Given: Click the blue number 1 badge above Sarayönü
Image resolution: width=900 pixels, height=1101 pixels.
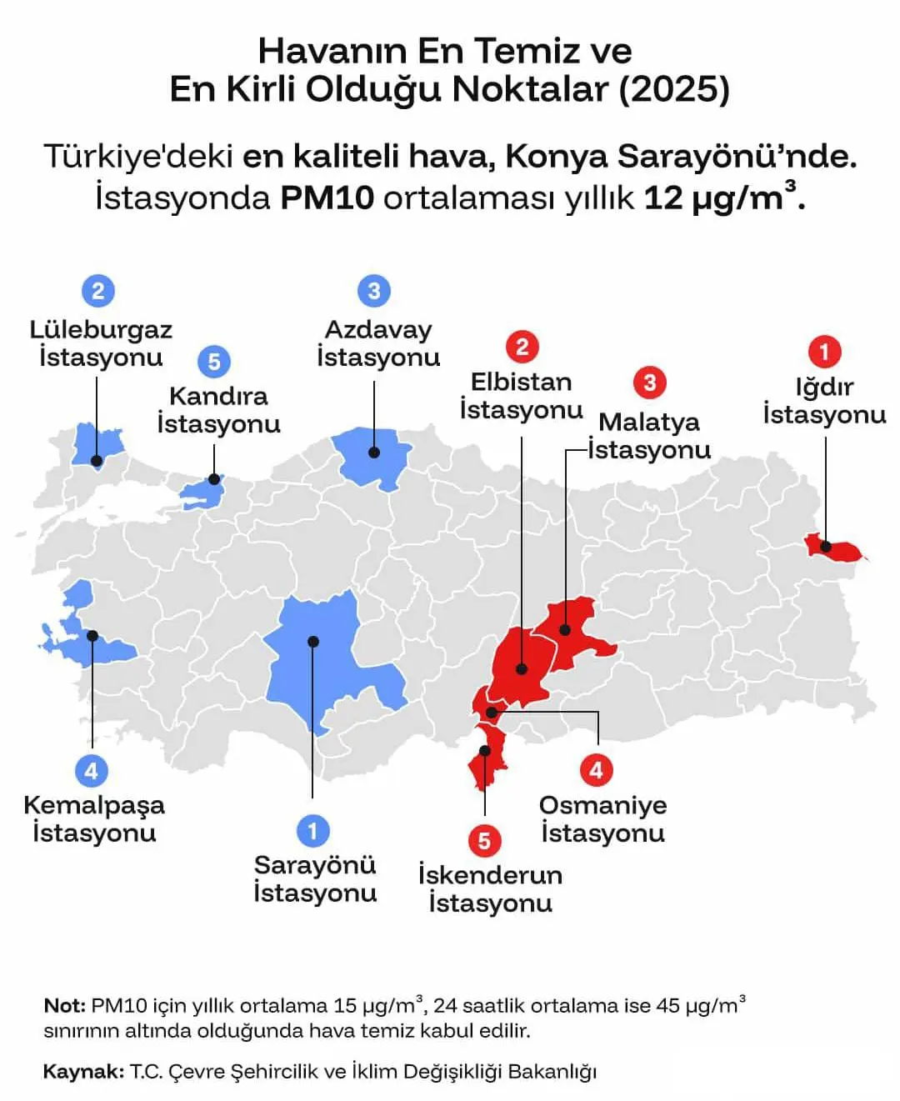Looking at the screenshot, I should (x=312, y=831).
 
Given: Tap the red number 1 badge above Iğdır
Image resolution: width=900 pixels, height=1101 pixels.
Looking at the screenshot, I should (x=824, y=352).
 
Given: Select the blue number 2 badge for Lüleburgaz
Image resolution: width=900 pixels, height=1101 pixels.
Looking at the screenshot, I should (x=98, y=291).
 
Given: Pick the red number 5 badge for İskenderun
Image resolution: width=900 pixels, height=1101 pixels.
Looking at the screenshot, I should (x=484, y=840).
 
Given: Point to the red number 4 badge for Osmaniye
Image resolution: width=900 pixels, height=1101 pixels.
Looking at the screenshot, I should (x=596, y=769).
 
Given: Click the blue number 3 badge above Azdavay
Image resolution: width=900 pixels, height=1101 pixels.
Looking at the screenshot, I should (x=373, y=291).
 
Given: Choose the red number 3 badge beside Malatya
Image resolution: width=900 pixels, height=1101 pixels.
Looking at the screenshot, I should (x=650, y=383).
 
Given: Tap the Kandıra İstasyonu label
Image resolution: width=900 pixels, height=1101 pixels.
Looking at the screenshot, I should (x=218, y=409).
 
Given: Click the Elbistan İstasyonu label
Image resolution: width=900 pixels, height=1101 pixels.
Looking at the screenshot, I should (x=522, y=396).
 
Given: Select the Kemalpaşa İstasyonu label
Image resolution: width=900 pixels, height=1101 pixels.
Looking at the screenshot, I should (x=94, y=818).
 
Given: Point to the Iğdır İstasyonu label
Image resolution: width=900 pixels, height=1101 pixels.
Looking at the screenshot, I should (x=824, y=401).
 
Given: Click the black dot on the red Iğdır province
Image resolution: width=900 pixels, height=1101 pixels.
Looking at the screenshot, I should (x=826, y=547).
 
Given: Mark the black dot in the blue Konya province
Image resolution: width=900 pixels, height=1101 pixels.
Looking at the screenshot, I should (x=313, y=641).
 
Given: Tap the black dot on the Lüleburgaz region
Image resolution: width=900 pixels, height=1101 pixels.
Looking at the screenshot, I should (x=97, y=460).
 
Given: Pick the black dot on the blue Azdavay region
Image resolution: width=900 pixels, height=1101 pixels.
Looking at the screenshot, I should (x=374, y=453).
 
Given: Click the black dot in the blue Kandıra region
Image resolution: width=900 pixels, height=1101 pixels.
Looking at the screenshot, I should (x=214, y=479).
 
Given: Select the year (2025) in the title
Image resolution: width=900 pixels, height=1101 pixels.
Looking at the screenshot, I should (x=673, y=89).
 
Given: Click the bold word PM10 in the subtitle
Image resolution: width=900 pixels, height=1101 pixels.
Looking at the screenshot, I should (x=327, y=198).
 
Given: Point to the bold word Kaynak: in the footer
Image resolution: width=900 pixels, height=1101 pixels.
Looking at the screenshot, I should (x=83, y=1071).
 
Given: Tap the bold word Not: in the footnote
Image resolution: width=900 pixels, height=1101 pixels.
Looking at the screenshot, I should (x=64, y=1006).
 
